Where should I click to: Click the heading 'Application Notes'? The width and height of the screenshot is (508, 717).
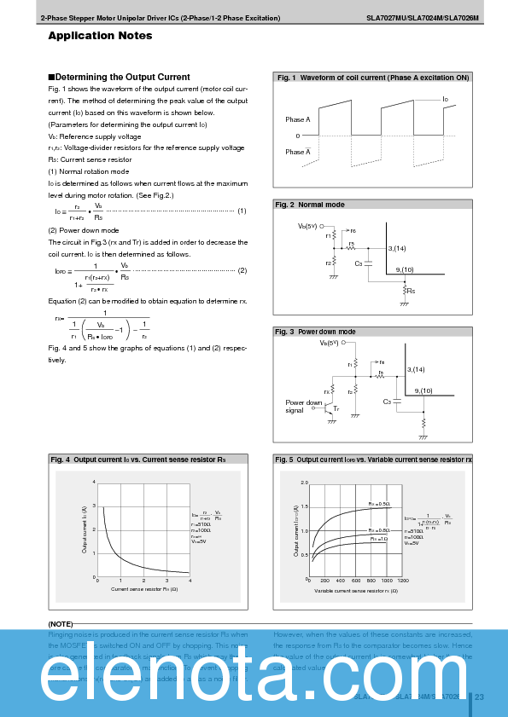100,36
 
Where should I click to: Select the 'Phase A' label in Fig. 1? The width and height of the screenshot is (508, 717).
297,119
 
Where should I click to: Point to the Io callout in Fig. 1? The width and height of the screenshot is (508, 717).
446,100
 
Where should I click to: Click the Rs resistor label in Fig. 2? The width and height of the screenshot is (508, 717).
412,291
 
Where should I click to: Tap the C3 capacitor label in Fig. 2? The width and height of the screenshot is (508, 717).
359,263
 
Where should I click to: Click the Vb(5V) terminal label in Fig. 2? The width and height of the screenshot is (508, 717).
307,226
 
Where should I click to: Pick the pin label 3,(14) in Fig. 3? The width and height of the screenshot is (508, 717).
417,369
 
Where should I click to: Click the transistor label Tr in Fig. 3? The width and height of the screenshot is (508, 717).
336,409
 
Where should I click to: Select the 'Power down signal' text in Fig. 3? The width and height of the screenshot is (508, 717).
303,406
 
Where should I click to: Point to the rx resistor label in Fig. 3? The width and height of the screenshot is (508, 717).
327,391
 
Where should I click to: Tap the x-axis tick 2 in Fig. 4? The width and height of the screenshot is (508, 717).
143,581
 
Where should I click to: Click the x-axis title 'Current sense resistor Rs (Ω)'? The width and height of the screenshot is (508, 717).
143,589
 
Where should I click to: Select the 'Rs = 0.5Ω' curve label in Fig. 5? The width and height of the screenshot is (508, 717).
379,505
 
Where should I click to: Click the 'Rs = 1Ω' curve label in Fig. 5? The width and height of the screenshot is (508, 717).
378,539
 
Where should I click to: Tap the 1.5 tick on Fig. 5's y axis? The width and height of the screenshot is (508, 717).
304,506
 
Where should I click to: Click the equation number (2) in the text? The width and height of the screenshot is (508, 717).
242,270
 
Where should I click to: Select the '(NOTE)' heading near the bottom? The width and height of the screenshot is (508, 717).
61,624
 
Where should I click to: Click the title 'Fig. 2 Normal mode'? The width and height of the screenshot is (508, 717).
310,205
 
